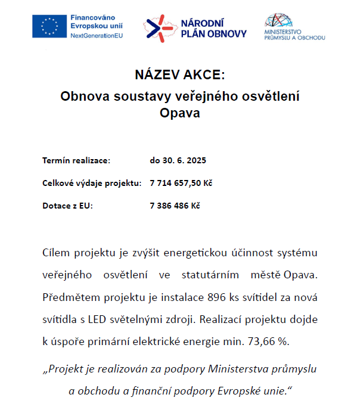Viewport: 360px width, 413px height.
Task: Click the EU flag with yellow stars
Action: tap(49, 26)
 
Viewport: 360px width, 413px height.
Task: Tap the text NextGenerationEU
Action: tap(97, 36)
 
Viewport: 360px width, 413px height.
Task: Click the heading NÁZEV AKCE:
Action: tap(179, 76)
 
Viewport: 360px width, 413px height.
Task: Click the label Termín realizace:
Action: tap(76, 161)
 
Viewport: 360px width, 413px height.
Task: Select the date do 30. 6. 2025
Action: tap(178, 161)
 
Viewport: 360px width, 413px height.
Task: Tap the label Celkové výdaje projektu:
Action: tap(92, 183)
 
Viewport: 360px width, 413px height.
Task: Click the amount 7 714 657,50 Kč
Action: tap(181, 183)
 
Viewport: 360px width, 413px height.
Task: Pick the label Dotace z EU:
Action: tap(68, 205)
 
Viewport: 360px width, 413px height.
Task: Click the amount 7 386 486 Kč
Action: tap(175, 205)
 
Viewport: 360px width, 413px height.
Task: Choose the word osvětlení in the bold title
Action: tap(268, 95)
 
